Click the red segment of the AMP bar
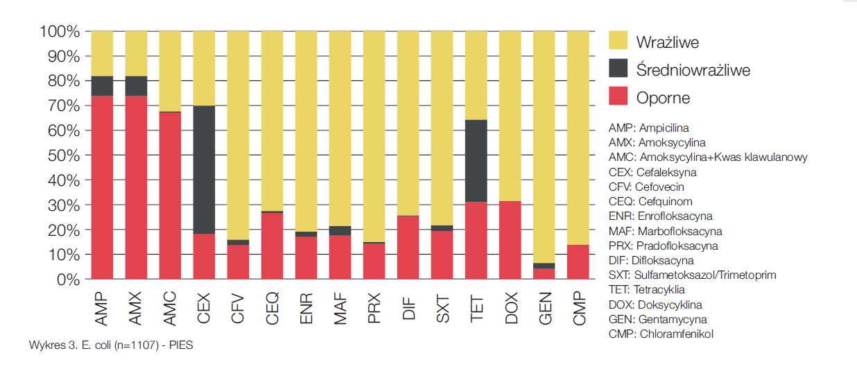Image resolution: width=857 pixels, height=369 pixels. point(103,187)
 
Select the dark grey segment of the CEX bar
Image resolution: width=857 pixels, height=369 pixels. point(204,170)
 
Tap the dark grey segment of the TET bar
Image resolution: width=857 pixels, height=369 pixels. point(476,161)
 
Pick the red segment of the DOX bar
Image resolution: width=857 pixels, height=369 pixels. point(510,240)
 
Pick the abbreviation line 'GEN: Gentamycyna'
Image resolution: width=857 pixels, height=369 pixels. point(657,319)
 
